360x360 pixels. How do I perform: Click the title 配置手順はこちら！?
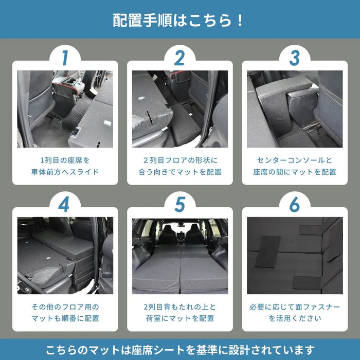point(179,20)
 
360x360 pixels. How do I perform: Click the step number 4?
point(65,205)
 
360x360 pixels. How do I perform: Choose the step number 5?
point(179,205)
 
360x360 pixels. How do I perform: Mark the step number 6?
point(294,205)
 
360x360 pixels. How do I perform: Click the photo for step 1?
point(65,109)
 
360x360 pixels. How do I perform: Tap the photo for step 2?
point(179,109)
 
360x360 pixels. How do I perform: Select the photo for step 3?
point(294,109)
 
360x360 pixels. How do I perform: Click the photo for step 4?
point(65,255)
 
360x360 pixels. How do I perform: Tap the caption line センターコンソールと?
point(294,159)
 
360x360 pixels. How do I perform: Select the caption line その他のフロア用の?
point(65,307)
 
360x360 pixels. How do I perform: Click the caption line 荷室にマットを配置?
point(179,319)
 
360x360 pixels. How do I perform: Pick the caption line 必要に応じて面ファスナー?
point(294,307)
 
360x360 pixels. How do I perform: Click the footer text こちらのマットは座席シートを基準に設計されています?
point(179,349)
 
